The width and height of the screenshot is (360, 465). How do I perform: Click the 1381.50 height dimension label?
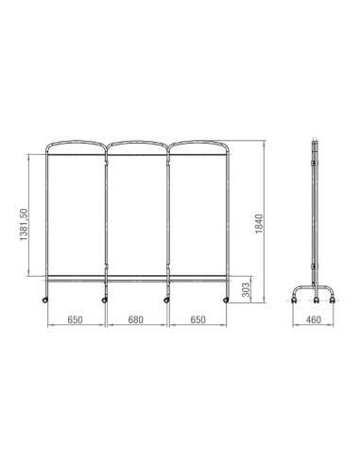click(24, 225)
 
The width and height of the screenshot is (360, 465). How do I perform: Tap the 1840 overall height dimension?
click(259, 224)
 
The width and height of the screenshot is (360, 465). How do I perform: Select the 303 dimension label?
click(247, 289)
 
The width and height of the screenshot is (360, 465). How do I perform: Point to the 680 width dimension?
click(136, 319)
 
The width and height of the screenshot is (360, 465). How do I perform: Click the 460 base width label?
click(314, 319)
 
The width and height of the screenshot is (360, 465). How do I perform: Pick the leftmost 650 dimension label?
click(75, 319)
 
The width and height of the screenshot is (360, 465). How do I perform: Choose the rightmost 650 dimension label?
click(197, 319)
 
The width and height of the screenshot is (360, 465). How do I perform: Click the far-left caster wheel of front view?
click(45, 301)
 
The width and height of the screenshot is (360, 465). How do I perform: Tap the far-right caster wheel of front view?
click(226, 301)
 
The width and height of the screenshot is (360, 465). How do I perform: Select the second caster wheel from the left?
click(104, 301)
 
